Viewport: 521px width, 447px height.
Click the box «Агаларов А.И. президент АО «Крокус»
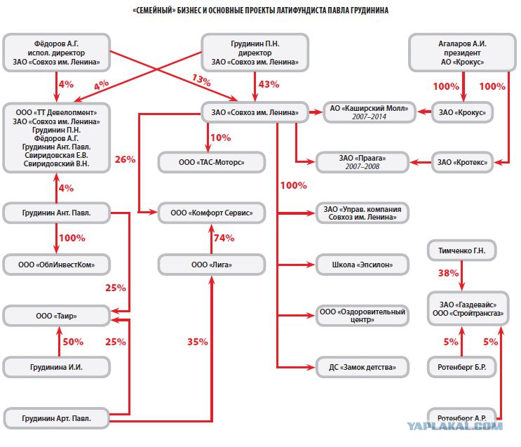462,53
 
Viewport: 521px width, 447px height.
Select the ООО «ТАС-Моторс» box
211,162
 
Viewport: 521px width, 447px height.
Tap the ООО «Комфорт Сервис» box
211,213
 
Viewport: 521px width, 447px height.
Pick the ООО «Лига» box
211,265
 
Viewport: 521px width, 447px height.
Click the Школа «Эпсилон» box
362,265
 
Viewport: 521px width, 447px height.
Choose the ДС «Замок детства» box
362,367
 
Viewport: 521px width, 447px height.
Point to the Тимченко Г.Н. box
462,251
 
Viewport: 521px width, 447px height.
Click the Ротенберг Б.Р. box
462,367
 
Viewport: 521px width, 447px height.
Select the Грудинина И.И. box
57,367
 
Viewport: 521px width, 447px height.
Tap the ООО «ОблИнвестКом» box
57,265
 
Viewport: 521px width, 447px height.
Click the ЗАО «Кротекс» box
462,162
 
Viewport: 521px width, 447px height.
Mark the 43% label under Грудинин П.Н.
269,84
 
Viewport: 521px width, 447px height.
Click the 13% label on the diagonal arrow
201,80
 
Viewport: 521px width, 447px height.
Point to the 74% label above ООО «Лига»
224,238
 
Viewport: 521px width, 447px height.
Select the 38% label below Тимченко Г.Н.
448,274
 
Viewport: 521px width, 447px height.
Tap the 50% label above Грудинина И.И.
73,342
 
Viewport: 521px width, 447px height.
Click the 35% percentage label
198,342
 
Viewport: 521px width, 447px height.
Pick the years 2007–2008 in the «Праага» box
362,166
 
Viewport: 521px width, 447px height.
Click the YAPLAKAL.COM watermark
455,426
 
